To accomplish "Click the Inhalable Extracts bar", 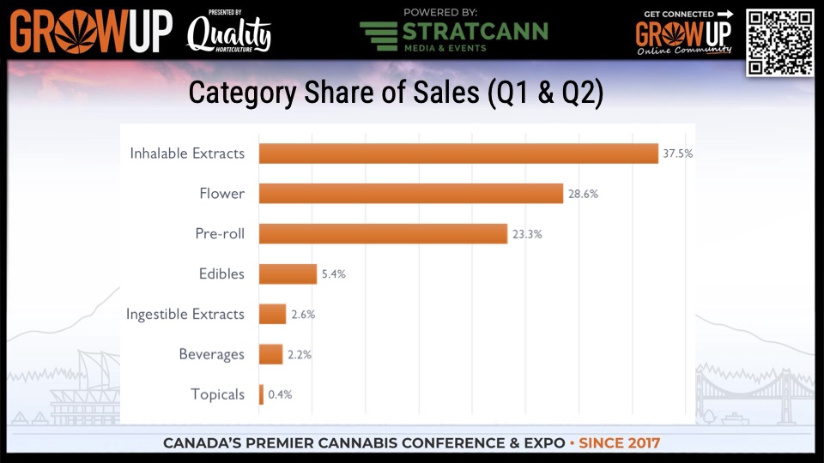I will click(458, 153).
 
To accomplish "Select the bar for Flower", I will click(410, 194).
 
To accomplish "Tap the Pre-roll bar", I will click(383, 233).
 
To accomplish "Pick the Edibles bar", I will click(288, 274).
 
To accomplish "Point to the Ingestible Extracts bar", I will click(272, 314).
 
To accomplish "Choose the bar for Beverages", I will click(270, 354).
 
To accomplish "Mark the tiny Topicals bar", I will click(261, 394).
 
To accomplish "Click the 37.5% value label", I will click(676, 154).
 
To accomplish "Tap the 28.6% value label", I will click(582, 194).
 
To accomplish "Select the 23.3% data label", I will click(526, 234).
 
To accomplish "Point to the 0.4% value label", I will click(280, 394).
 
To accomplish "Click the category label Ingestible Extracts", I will click(185, 314).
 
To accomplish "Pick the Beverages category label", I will click(211, 354).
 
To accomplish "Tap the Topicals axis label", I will click(217, 394).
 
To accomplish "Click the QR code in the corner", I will click(779, 42).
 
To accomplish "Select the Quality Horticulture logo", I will click(228, 33).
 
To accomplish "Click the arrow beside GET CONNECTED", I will click(725, 14).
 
